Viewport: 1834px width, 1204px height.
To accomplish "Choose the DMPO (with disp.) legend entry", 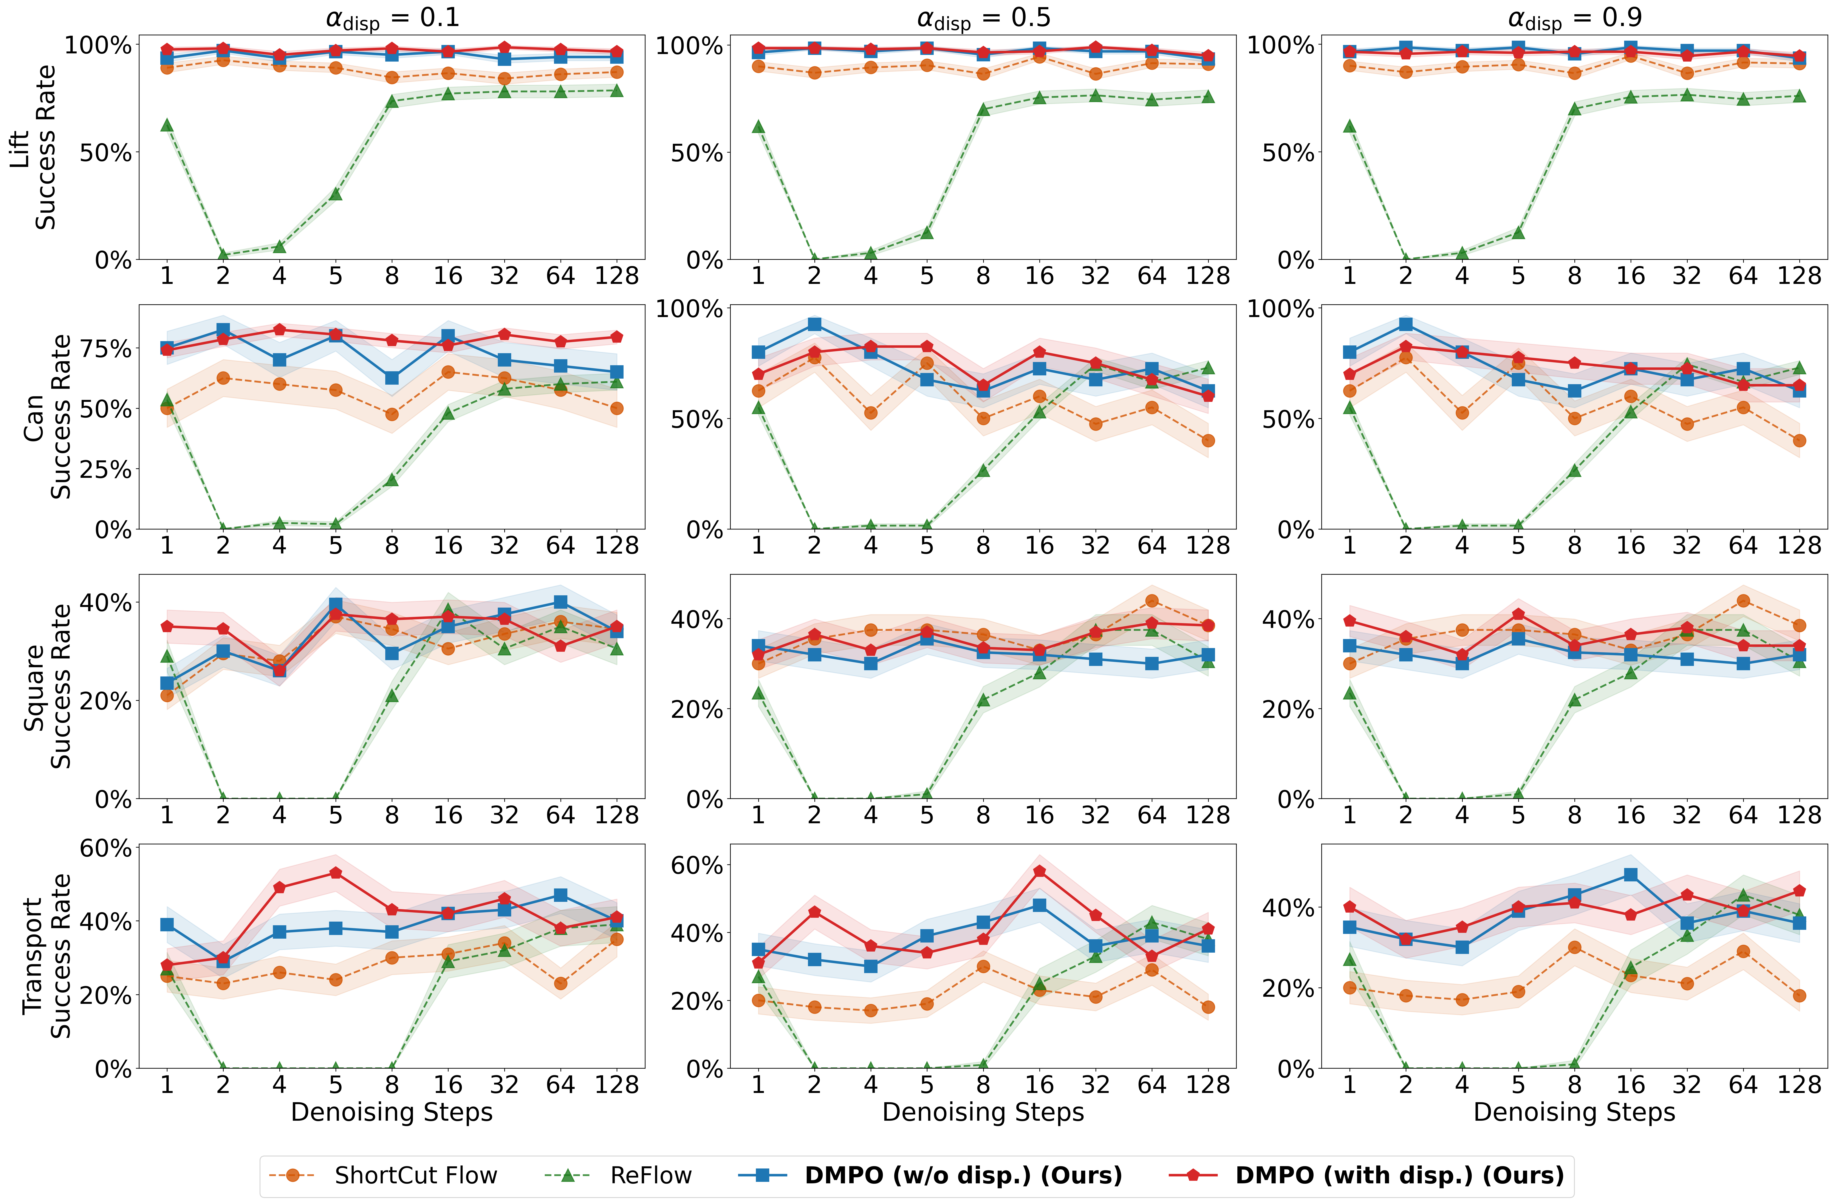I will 1399,1175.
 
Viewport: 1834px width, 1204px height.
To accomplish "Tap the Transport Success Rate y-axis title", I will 46,956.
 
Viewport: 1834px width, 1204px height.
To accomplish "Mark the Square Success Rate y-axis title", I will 46,686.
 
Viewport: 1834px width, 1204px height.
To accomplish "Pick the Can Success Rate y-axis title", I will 46,416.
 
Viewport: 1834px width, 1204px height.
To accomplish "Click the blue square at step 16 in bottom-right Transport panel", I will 1631,875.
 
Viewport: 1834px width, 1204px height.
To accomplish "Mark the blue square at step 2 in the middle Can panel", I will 814,325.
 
